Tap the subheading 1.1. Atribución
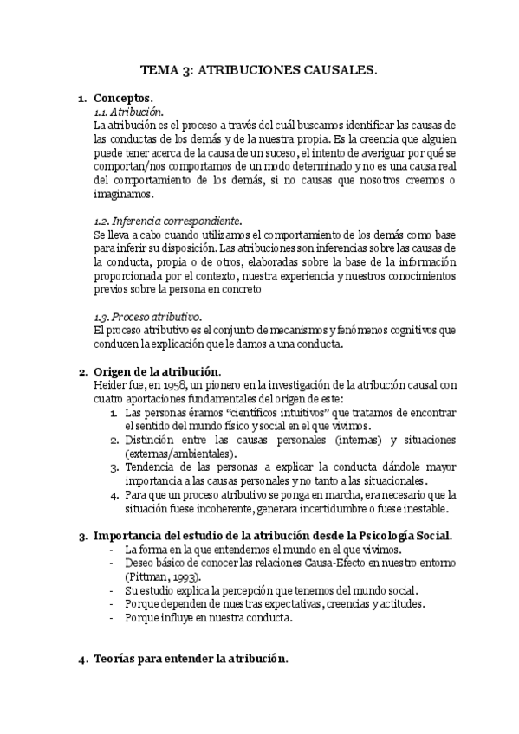coord(126,113)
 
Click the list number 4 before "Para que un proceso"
coord(114,494)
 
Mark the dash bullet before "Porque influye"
coord(109,618)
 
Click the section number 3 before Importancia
coord(82,537)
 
